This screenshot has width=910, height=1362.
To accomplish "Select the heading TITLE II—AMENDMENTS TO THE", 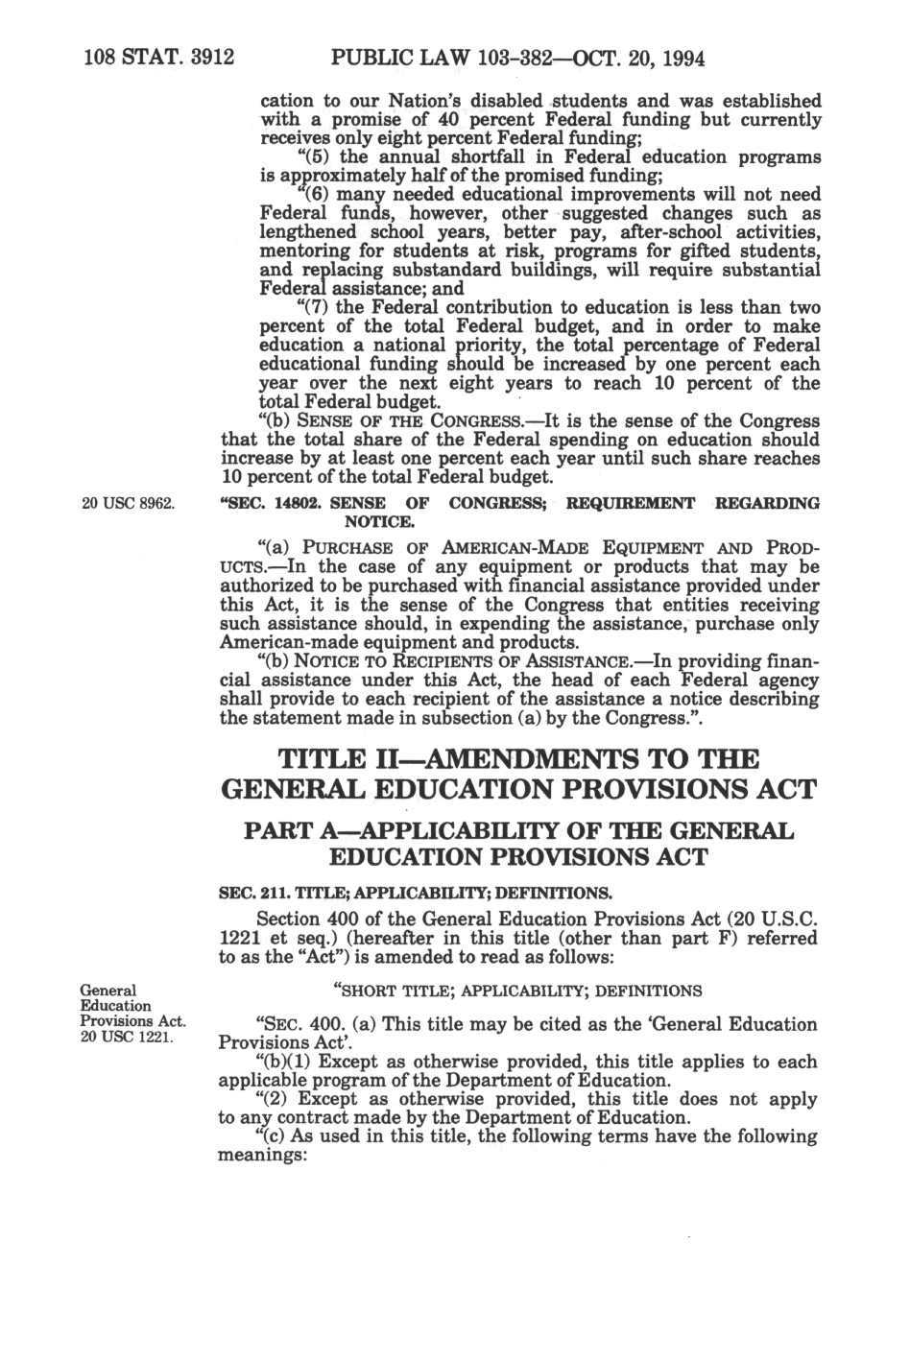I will (518, 760).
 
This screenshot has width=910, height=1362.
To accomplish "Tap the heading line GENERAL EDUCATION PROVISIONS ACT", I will (518, 790).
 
